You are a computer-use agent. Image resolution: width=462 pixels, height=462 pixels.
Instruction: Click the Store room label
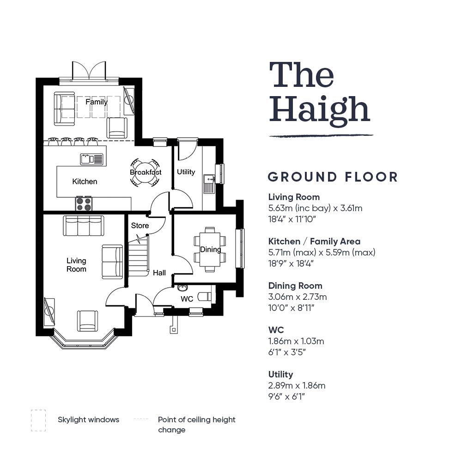140,225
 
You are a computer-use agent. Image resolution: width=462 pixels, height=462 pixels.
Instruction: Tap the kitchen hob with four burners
84,203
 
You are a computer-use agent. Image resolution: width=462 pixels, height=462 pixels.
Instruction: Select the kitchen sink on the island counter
92,159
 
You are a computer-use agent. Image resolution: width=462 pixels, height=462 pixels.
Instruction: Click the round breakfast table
146,172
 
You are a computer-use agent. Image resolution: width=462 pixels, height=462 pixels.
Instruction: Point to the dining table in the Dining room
210,249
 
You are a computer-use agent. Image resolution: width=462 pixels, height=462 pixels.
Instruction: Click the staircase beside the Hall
138,256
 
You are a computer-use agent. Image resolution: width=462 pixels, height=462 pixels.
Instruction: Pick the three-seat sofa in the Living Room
83,226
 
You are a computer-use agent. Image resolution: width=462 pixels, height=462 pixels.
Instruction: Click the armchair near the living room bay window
87,321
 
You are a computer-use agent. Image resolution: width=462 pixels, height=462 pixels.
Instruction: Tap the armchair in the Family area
117,128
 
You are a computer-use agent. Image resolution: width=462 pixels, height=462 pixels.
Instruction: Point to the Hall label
159,273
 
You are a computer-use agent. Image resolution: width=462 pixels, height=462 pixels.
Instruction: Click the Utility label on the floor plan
186,172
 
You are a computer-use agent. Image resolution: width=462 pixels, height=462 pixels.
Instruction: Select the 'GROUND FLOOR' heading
333,177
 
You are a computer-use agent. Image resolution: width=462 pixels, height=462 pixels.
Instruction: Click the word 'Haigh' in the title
320,109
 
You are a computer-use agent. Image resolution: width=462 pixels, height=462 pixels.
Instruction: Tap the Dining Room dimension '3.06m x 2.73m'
298,297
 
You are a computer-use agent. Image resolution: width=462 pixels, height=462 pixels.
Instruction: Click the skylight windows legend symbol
38,420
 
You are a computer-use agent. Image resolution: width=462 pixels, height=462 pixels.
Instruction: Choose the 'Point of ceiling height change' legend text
196,425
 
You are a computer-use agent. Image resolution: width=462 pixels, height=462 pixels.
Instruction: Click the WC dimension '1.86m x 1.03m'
296,341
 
